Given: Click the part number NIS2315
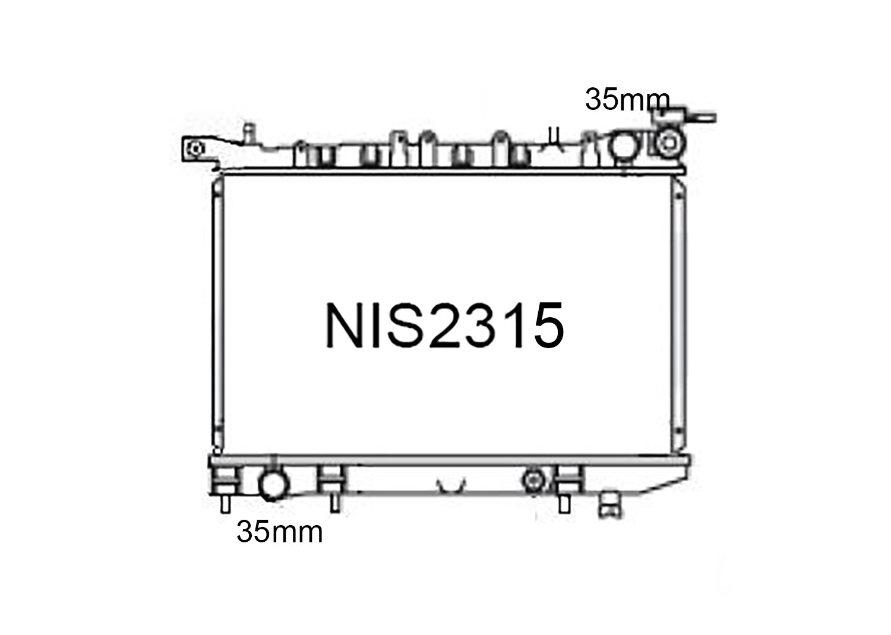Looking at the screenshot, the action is (445, 326).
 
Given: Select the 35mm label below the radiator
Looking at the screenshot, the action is (279, 532).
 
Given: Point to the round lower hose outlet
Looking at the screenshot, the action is (273, 485).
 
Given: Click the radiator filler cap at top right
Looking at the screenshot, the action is (669, 142).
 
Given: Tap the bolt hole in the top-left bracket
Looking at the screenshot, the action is (196, 149).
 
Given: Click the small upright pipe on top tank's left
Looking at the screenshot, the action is (249, 134).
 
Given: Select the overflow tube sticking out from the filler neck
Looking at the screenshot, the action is (702, 118).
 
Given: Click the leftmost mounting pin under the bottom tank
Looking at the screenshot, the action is (226, 504).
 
